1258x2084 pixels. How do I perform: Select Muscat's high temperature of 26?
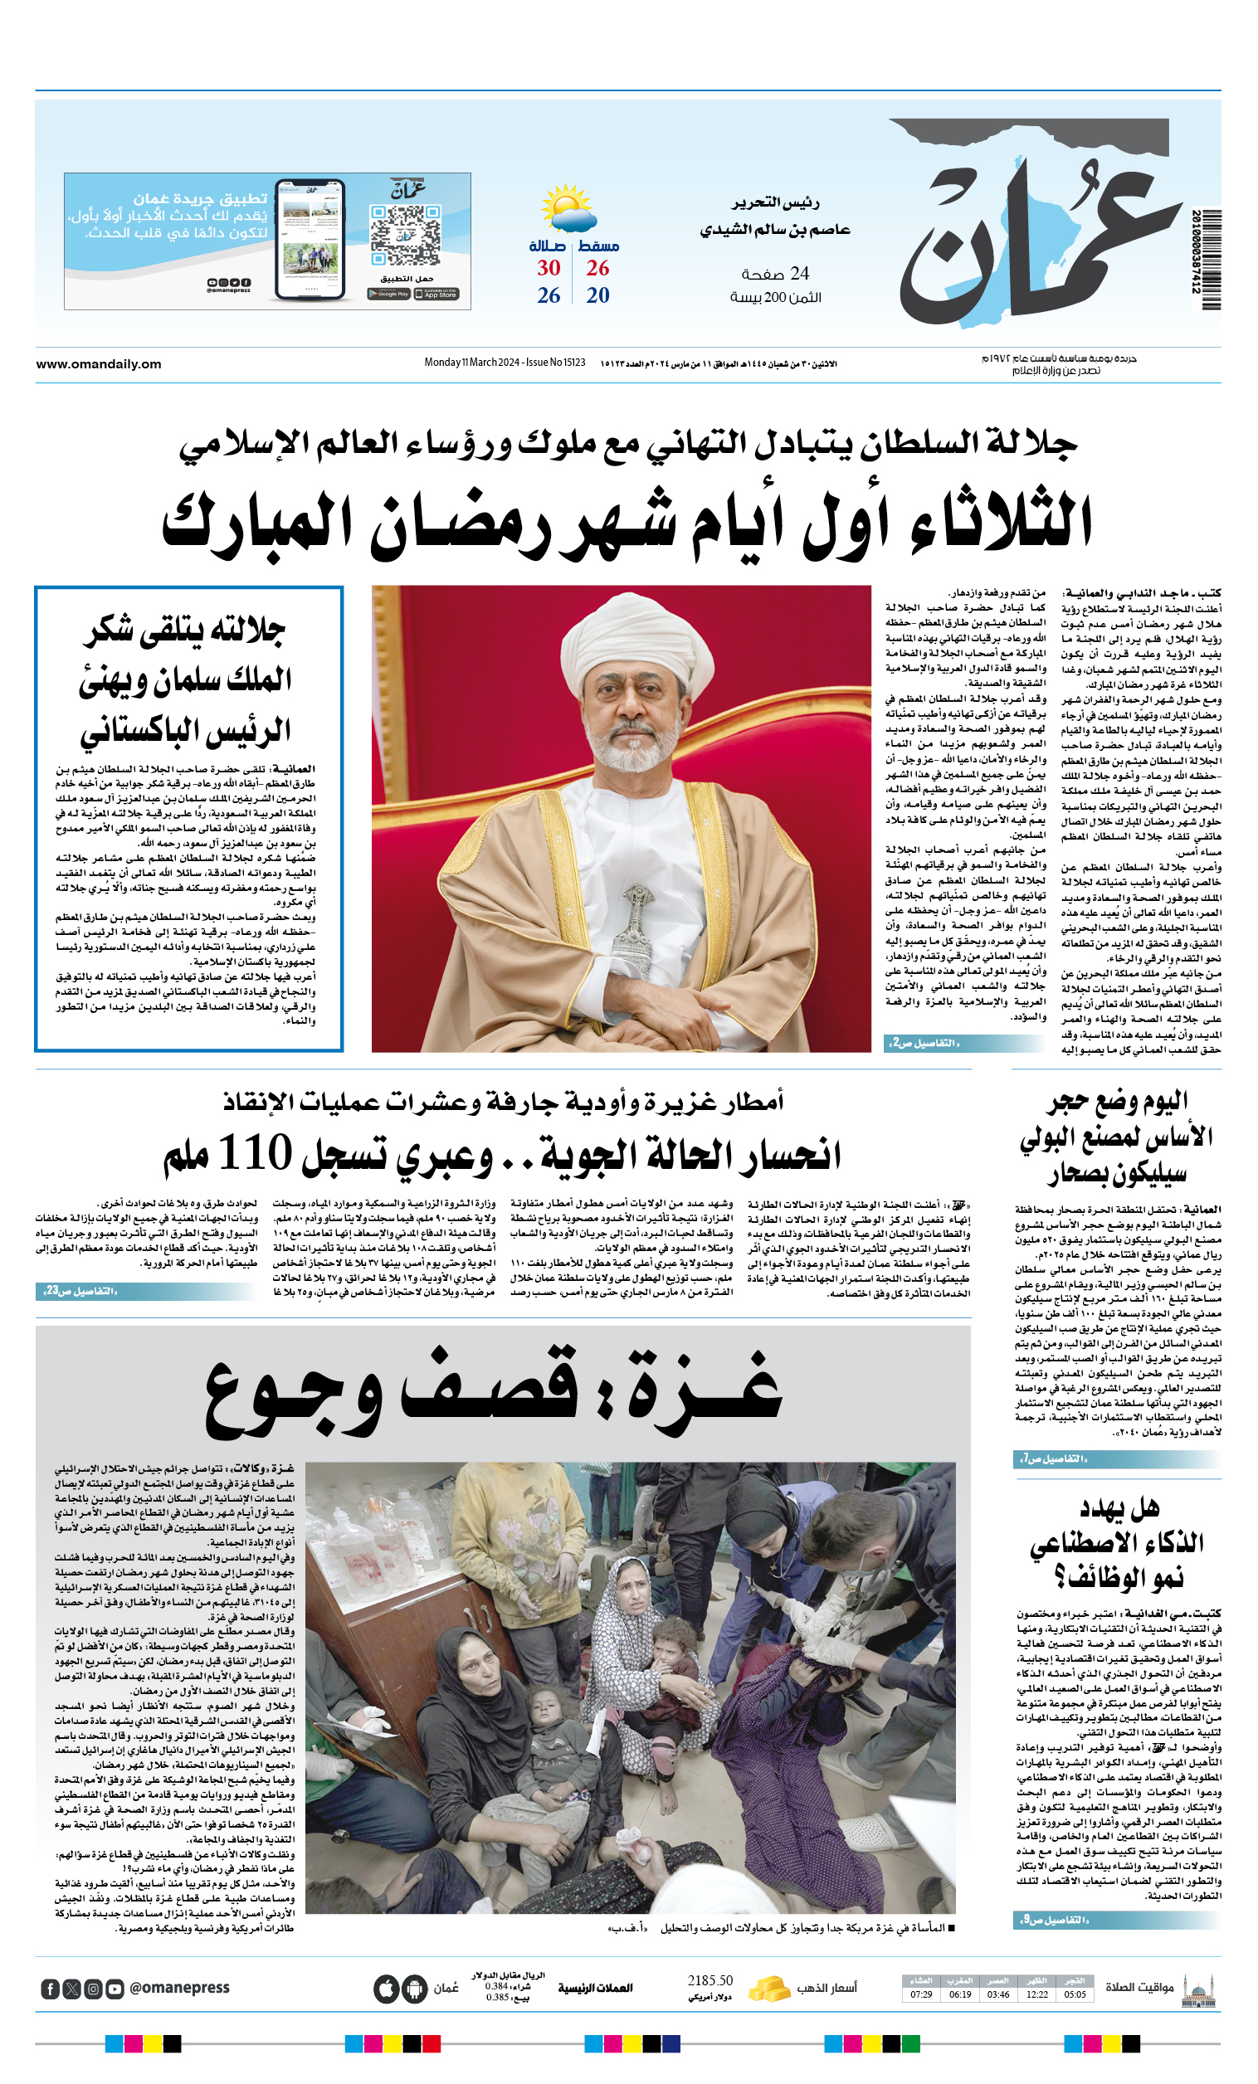pyautogui.click(x=597, y=268)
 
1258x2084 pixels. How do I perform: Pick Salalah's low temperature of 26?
pyautogui.click(x=549, y=295)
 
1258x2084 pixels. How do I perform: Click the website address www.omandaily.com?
pyautogui.click(x=98, y=364)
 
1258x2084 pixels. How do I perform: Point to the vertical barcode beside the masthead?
pyautogui.click(x=1211, y=259)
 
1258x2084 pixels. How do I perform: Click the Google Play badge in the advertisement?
pyautogui.click(x=389, y=294)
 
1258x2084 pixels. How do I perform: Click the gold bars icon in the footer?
pyautogui.click(x=769, y=1988)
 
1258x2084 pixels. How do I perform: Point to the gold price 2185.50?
pyautogui.click(x=709, y=1981)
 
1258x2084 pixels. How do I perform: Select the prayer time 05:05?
pyautogui.click(x=1075, y=1994)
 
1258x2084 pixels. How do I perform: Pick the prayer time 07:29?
pyautogui.click(x=921, y=1994)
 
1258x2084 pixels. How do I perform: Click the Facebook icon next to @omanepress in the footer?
pyautogui.click(x=50, y=1989)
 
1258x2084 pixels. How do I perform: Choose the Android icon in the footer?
pyautogui.click(x=415, y=1989)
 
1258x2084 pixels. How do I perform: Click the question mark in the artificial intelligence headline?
pyautogui.click(x=1061, y=1576)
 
